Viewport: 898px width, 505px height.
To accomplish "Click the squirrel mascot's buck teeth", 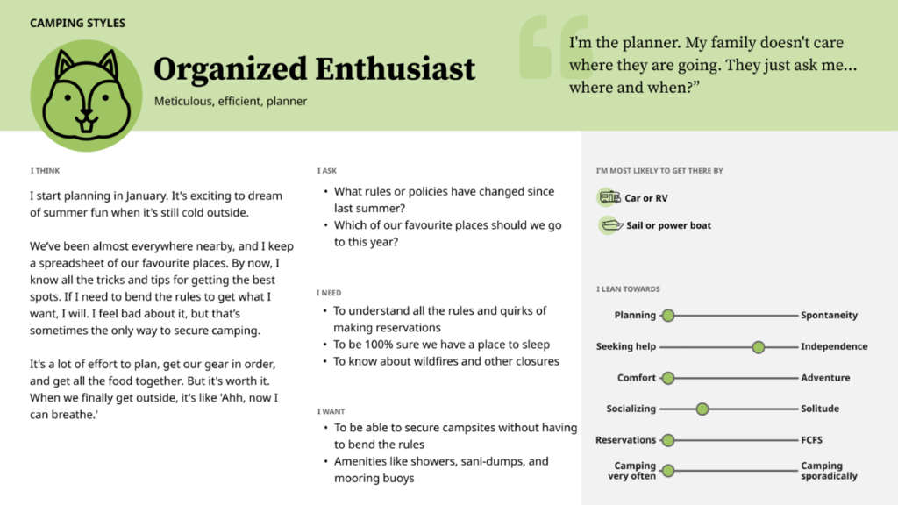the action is click(x=86, y=124).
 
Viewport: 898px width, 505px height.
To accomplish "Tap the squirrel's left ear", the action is click(x=64, y=65).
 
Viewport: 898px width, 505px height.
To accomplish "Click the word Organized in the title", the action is click(x=231, y=69).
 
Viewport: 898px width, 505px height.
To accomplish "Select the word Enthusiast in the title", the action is click(x=396, y=68).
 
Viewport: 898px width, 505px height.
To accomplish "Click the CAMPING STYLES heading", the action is click(x=77, y=23).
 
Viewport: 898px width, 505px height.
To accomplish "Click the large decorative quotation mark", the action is click(x=554, y=46).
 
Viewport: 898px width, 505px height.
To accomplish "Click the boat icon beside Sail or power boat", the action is click(x=611, y=225).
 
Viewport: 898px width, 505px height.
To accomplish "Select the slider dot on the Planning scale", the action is click(x=667, y=316).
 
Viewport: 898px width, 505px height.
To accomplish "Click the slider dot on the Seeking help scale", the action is click(x=759, y=347).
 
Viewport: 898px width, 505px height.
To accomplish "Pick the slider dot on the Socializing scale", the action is click(x=702, y=409).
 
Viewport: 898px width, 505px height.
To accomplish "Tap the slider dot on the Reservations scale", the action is click(x=667, y=440).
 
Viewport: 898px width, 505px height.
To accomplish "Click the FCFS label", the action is click(x=811, y=440).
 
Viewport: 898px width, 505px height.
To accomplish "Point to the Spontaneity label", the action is click(x=829, y=315).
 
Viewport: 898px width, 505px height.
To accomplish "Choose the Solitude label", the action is click(x=820, y=409).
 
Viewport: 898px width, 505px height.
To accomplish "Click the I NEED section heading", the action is click(x=329, y=293).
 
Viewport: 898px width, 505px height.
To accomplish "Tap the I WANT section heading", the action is click(x=331, y=411).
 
